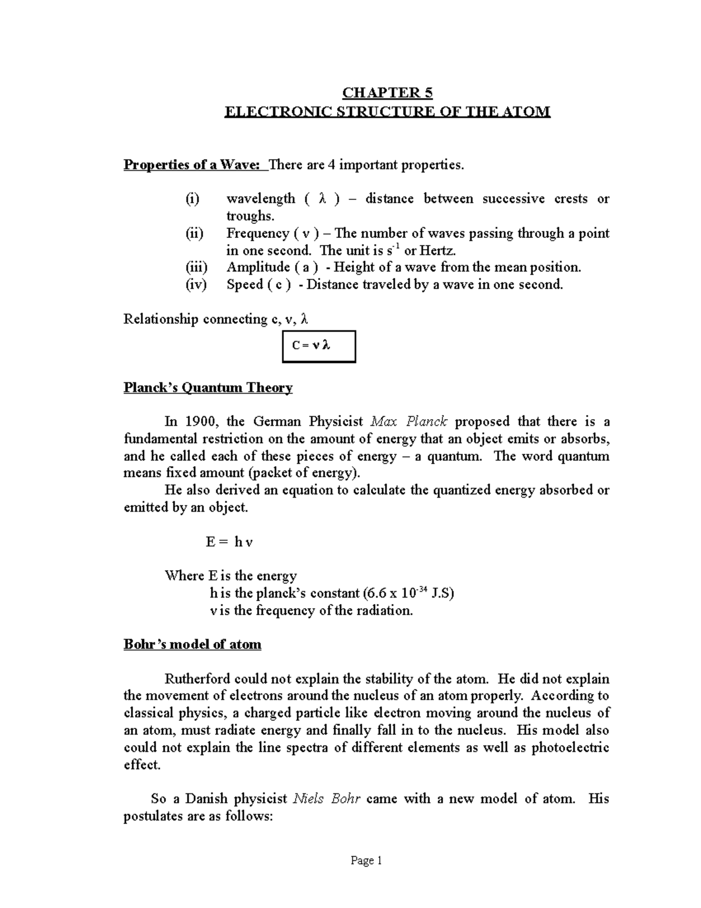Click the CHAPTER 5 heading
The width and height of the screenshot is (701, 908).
tap(387, 93)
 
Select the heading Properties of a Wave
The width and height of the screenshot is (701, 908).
tap(195, 165)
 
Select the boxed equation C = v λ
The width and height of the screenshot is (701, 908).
tap(318, 346)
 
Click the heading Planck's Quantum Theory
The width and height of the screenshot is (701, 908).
tap(208, 388)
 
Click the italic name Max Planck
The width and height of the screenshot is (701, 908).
tap(409, 422)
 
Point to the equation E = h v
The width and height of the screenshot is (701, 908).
tap(229, 541)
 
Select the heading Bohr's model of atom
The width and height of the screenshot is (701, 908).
tap(192, 644)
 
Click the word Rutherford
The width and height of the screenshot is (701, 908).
tap(199, 679)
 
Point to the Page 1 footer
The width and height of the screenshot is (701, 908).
tap(366, 861)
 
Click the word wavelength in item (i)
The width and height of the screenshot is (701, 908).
tap(261, 199)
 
